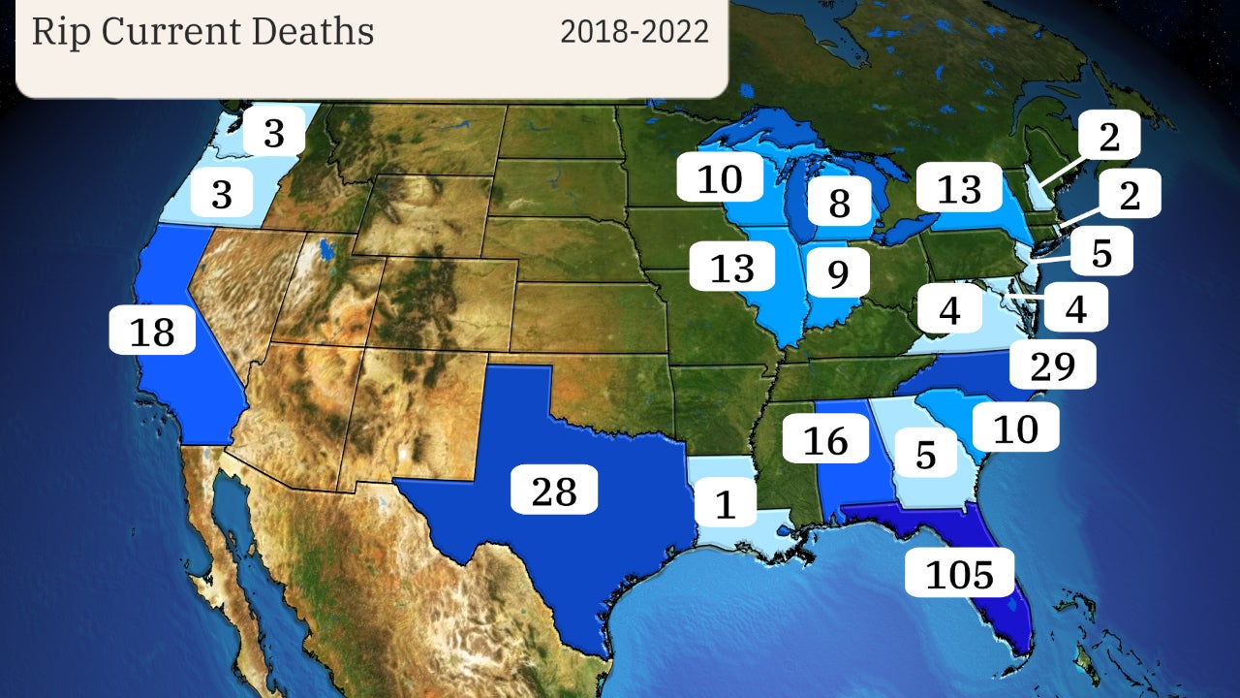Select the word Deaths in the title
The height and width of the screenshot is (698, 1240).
click(312, 31)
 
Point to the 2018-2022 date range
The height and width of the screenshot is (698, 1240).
click(635, 31)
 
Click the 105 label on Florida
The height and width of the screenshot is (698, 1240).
click(959, 575)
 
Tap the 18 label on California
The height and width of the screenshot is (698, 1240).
click(152, 332)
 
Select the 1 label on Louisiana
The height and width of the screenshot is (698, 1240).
click(725, 504)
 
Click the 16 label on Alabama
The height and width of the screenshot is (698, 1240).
click(825, 441)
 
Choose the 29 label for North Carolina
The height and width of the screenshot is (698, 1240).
click(1053, 366)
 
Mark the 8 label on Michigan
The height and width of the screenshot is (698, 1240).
click(839, 204)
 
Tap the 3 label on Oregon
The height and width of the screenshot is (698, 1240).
click(222, 195)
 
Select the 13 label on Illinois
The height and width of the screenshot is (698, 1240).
click(732, 268)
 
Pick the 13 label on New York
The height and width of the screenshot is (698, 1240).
click(959, 190)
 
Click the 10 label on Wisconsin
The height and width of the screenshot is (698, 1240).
click(718, 178)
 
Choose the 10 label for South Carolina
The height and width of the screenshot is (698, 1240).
click(1015, 428)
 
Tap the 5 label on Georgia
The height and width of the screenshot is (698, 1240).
click(926, 454)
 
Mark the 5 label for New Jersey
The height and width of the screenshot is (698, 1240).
click(1100, 252)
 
